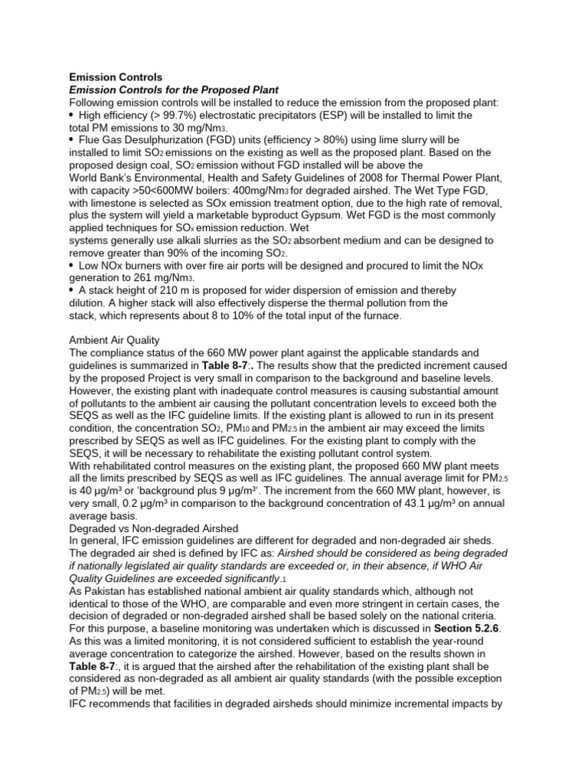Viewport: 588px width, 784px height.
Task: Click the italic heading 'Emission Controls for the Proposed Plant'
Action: [x=174, y=90]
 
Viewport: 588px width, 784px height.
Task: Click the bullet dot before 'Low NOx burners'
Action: [x=72, y=265]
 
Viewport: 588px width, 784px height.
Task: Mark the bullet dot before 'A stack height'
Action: [x=72, y=290]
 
